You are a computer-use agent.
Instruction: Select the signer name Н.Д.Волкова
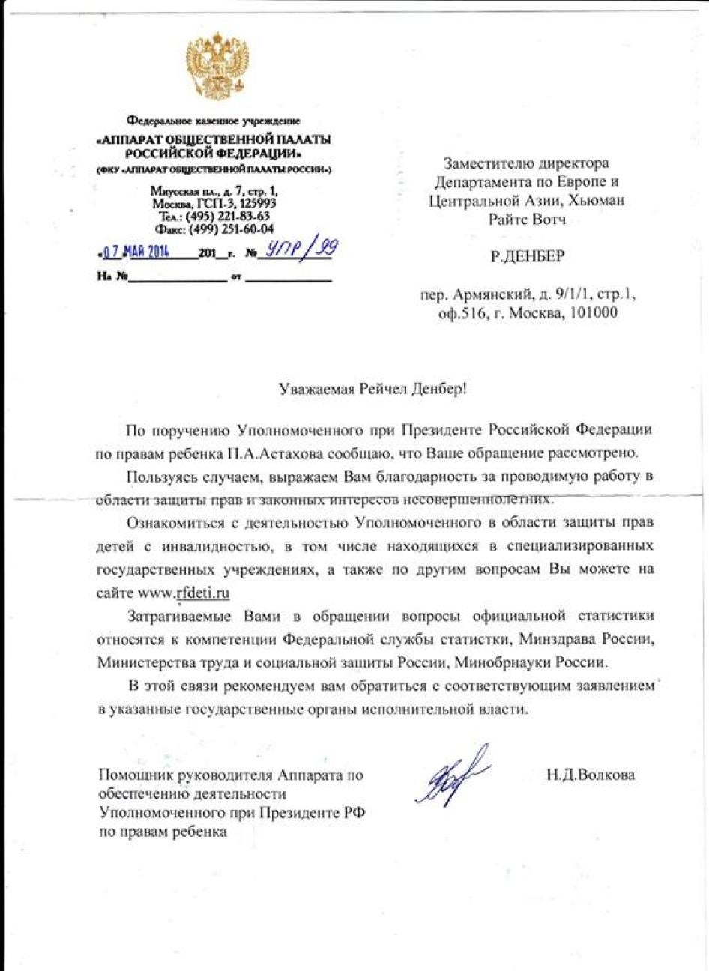coord(591,775)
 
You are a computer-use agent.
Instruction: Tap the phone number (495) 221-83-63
coord(228,217)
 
